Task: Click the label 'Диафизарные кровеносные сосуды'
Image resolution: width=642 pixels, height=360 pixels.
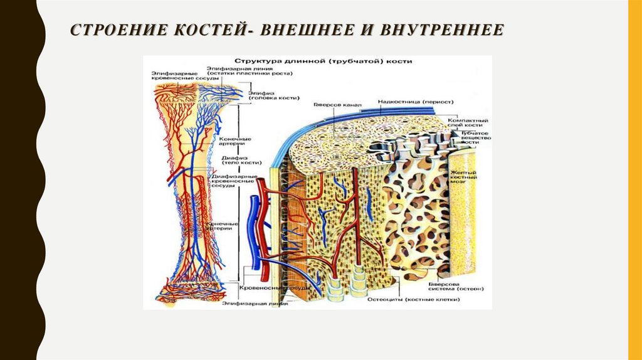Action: pyautogui.click(x=236, y=181)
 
